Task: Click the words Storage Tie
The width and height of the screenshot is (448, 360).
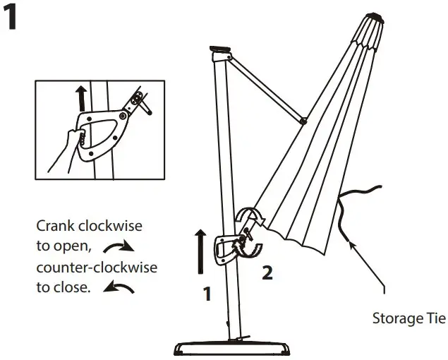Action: coord(408,318)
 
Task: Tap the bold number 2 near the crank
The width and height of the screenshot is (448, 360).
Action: coord(267,273)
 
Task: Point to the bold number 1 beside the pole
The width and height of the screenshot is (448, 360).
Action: coord(207,294)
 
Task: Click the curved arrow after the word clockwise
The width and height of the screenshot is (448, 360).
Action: coord(119,246)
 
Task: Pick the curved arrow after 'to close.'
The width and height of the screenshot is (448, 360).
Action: coord(119,287)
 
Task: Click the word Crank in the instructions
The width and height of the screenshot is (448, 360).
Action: coord(55,227)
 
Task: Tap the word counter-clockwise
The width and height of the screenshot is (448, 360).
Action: coord(96,268)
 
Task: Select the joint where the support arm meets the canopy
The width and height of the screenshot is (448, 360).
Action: coord(303,121)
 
